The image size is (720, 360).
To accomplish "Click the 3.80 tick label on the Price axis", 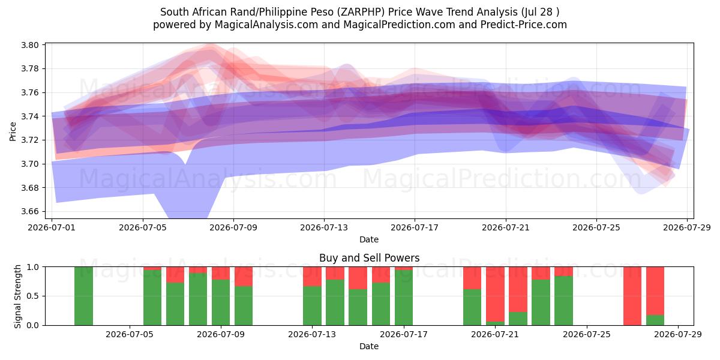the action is click(x=30, y=45).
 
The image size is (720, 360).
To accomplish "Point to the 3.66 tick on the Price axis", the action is click(x=30, y=211).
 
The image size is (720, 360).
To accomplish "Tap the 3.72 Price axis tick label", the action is click(x=30, y=140).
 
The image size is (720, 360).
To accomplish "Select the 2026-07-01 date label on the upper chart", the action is click(x=52, y=227).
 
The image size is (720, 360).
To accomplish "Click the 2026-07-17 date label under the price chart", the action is click(x=415, y=227).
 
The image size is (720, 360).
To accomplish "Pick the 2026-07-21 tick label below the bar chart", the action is click(x=495, y=334).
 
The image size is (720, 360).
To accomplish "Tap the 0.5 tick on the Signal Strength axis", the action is click(x=33, y=296).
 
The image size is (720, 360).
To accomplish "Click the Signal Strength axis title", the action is click(x=17, y=296).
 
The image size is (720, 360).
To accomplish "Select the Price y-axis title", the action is click(x=13, y=131).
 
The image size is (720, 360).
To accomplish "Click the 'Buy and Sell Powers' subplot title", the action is click(x=370, y=258).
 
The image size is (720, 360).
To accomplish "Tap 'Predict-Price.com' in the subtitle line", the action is click(x=524, y=25).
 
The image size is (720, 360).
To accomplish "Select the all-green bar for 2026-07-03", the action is click(x=83, y=296).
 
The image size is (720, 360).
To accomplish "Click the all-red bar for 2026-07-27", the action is click(x=632, y=296).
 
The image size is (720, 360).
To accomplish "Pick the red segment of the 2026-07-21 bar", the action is click(x=495, y=294).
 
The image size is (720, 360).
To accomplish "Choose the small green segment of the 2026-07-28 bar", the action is click(x=655, y=320).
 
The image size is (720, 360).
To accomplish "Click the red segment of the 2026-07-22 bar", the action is click(x=518, y=289).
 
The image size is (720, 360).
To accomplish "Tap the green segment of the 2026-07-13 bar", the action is click(x=312, y=305).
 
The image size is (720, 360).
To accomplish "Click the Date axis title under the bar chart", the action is click(x=369, y=346).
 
